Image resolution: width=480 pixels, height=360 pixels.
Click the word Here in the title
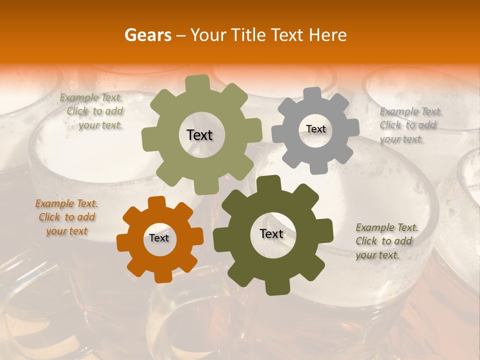(x=328, y=35)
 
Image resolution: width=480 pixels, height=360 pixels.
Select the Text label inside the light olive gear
(x=199, y=135)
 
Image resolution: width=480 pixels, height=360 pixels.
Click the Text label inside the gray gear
(x=315, y=129)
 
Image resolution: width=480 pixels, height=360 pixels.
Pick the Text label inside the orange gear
(x=159, y=238)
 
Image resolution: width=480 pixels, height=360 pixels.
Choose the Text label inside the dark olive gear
(x=271, y=234)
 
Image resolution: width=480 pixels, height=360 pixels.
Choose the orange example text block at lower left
(x=66, y=217)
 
